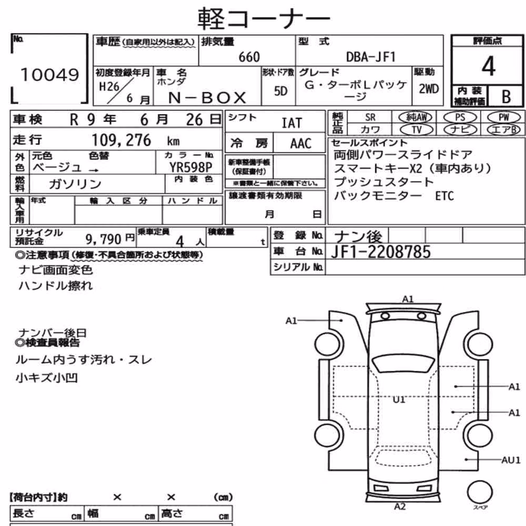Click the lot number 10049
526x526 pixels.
pyautogui.click(x=49, y=75)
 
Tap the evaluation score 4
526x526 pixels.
pyautogui.click(x=488, y=66)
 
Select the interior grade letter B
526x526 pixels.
pyautogui.click(x=506, y=97)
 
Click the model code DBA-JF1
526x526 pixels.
pyautogui.click(x=371, y=57)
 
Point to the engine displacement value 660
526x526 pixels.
pyautogui.click(x=249, y=57)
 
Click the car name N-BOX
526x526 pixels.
pyautogui.click(x=207, y=98)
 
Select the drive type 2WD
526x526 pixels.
pyautogui.click(x=429, y=89)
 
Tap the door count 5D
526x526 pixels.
pyautogui.click(x=281, y=91)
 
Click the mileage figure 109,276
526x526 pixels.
pyautogui.click(x=122, y=140)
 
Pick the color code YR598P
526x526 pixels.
pyautogui.click(x=190, y=167)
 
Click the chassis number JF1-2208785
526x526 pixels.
pyautogui.click(x=381, y=252)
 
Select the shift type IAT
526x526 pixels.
pyautogui.click(x=291, y=123)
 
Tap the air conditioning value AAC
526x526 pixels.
pyautogui.click(x=301, y=144)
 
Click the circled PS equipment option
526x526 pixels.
pyautogui.click(x=460, y=117)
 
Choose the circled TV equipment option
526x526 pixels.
pyautogui.click(x=417, y=129)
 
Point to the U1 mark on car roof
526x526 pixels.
pyautogui.click(x=399, y=400)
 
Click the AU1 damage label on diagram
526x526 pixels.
pyautogui.click(x=511, y=460)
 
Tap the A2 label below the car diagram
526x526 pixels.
pyautogui.click(x=400, y=507)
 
